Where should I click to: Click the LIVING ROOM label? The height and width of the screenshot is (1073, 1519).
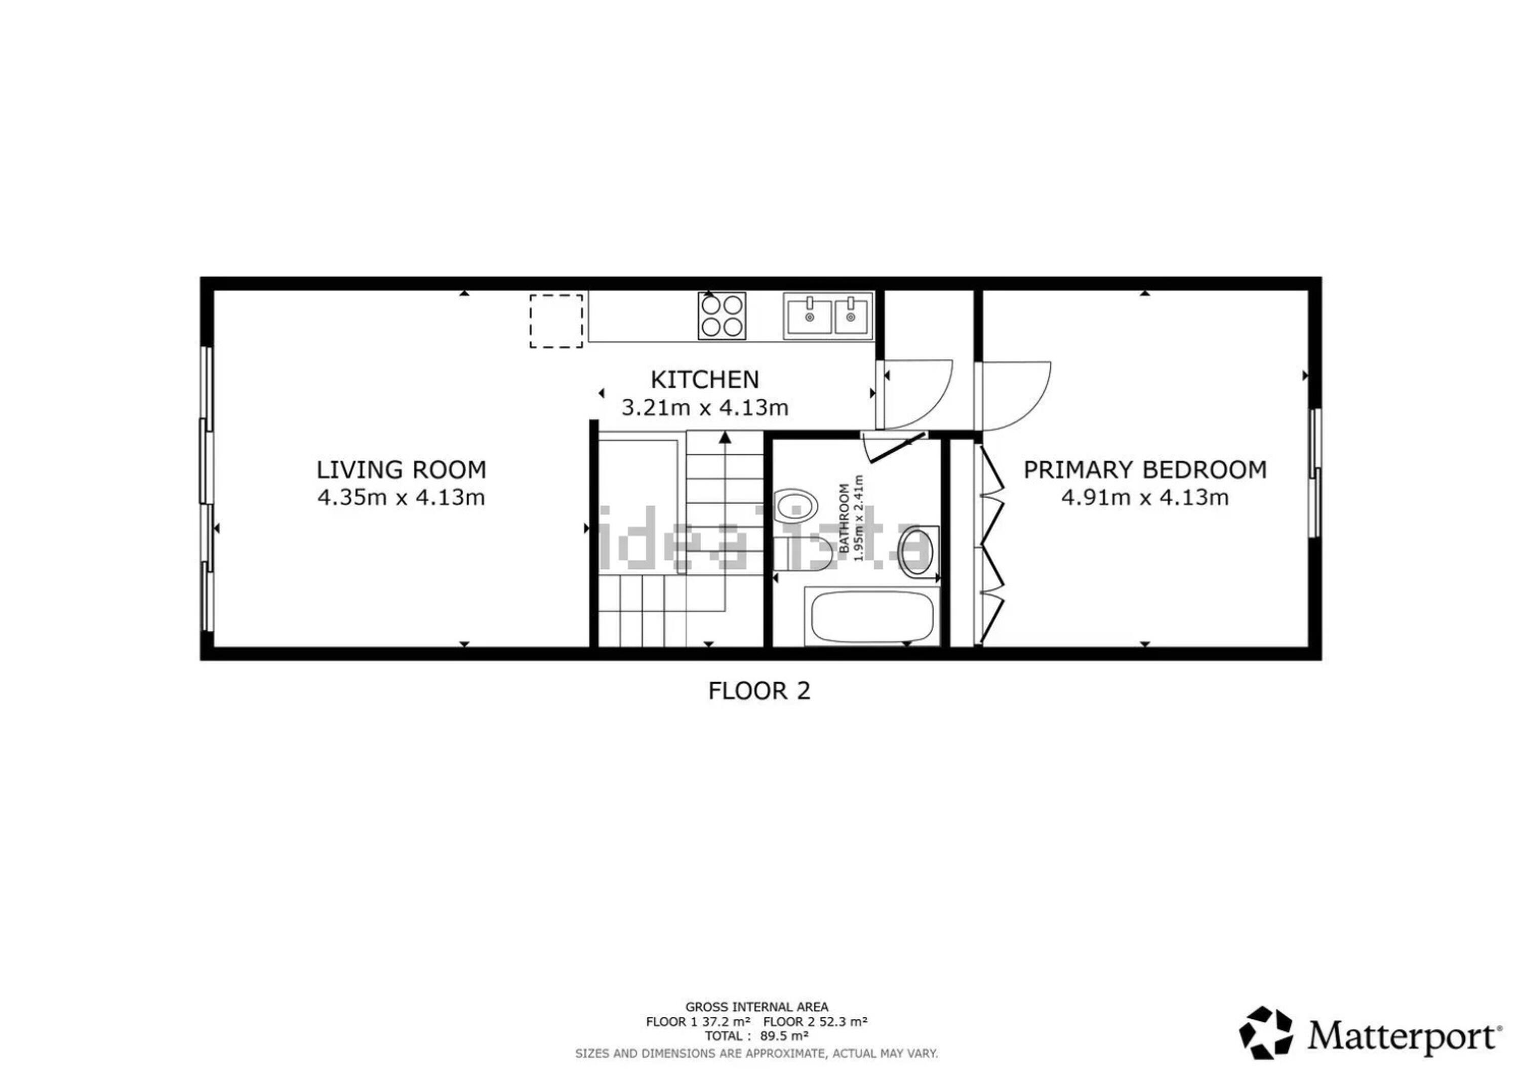click(x=401, y=470)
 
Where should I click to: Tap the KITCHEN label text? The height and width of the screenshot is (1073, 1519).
click(x=705, y=380)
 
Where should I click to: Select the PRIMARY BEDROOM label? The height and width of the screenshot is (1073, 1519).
click(x=1145, y=470)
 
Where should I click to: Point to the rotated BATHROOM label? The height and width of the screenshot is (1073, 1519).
click(x=844, y=519)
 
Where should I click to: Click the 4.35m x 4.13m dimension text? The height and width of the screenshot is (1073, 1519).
click(x=401, y=497)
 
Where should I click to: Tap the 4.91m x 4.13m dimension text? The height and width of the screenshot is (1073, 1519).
click(x=1145, y=497)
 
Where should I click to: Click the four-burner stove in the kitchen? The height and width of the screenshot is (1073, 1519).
click(x=722, y=315)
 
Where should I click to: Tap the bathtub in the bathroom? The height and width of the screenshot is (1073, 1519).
click(x=872, y=617)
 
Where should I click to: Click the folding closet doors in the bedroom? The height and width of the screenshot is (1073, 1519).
click(x=991, y=543)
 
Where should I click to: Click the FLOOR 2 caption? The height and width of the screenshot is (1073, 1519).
click(x=759, y=691)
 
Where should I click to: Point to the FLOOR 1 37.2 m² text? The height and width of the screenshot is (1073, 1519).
click(x=698, y=1021)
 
